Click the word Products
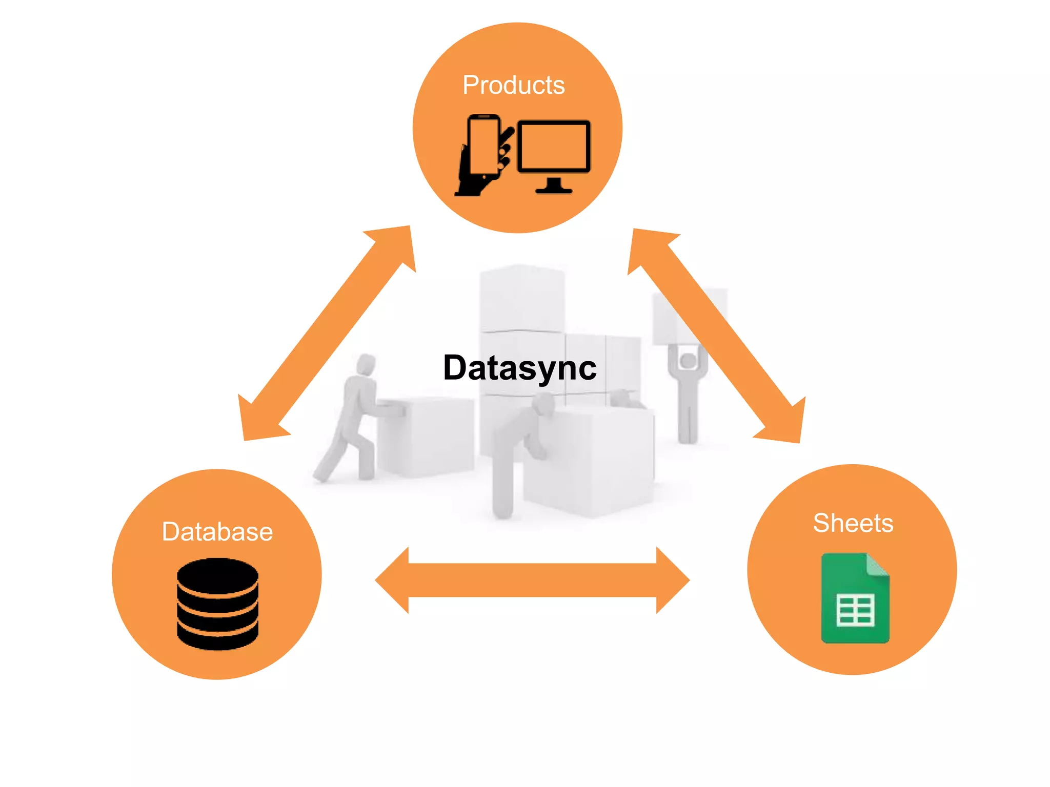pyautogui.click(x=513, y=85)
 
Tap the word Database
pyautogui.click(x=217, y=532)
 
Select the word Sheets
pyautogui.click(x=853, y=523)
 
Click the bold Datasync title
pyautogui.click(x=519, y=368)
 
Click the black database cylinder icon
pyautogui.click(x=217, y=604)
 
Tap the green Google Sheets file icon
pyautogui.click(x=855, y=598)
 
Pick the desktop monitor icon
pyautogui.click(x=554, y=149)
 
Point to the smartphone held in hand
pyautogui.click(x=483, y=146)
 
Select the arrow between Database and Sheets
pyautogui.click(x=532, y=580)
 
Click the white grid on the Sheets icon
pyautogui.click(x=855, y=610)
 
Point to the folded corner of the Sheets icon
pyautogui.click(x=878, y=565)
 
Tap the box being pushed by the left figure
pyautogui.click(x=426, y=436)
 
